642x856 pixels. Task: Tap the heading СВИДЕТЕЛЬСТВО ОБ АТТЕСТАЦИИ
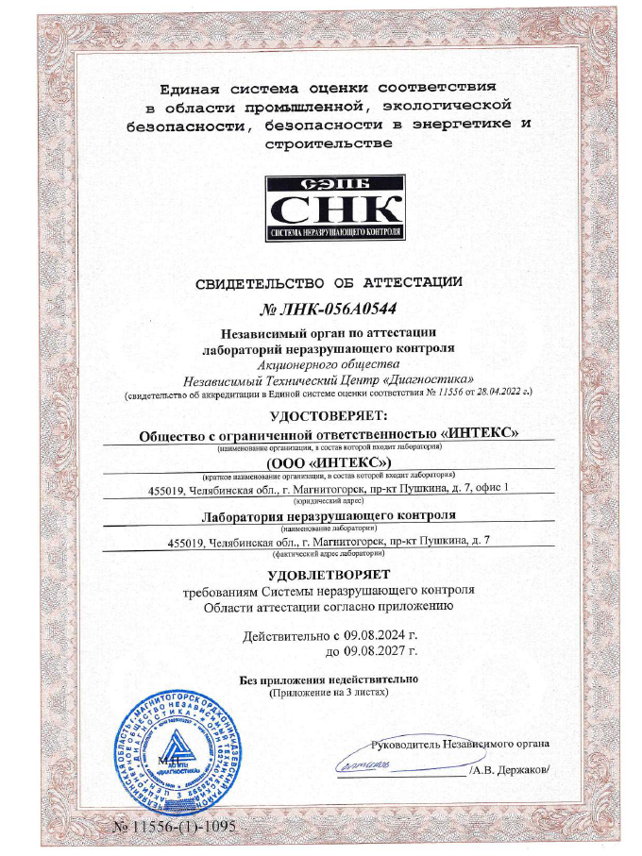(329, 282)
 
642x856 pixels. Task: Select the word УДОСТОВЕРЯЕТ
(328, 415)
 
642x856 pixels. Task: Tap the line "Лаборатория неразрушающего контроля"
(328, 515)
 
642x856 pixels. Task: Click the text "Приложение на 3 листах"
(328, 692)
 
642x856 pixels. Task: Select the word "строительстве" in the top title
(328, 143)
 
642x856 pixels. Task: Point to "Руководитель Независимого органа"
(462, 743)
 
